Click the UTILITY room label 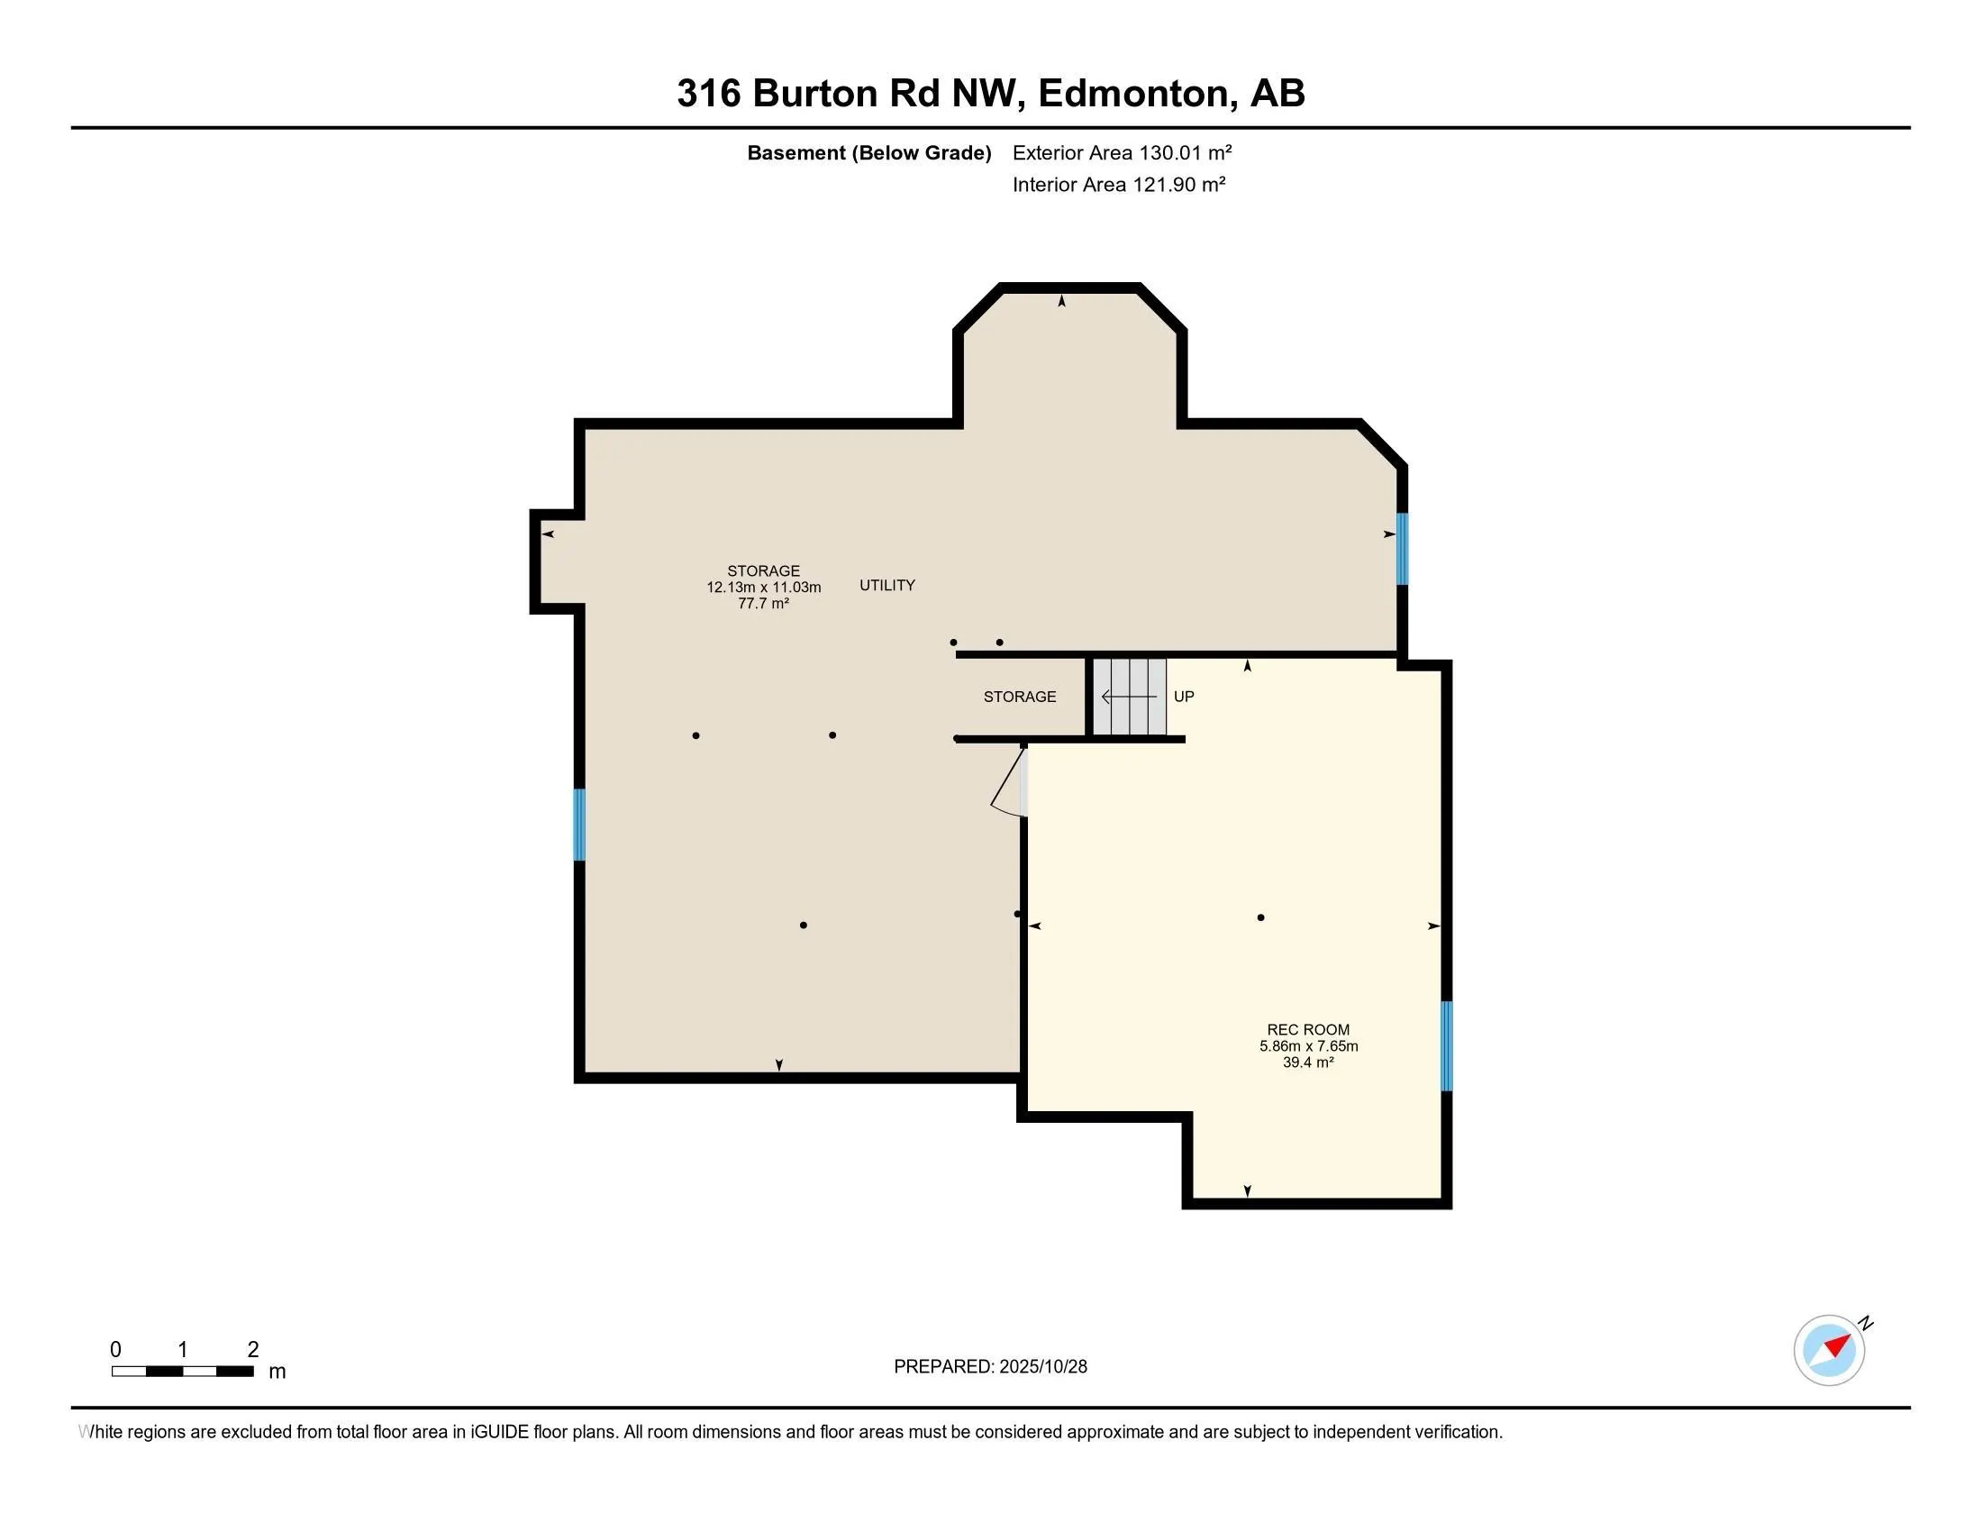point(886,586)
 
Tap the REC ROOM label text point(1308,1029)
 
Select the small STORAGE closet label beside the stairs point(1019,697)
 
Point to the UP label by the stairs point(1184,697)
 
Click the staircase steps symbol point(1129,697)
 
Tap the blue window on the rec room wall point(1447,1045)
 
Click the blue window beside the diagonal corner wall point(1402,548)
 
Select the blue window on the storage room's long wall point(579,824)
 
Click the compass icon point(1829,1350)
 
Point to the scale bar point(182,1371)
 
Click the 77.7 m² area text point(763,604)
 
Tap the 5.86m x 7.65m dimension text point(1308,1045)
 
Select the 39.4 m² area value point(1308,1062)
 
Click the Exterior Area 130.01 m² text point(1122,152)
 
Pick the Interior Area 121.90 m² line point(1118,185)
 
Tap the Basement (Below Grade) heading point(868,152)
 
